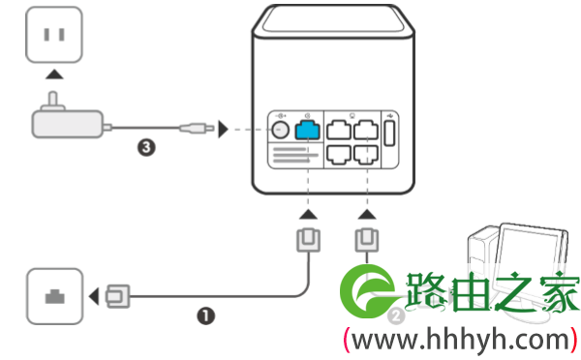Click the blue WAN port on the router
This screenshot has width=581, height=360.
point(307,130)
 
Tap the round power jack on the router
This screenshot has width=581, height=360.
point(280,130)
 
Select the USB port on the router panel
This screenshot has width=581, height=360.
point(389,134)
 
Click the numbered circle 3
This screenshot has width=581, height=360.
point(146,147)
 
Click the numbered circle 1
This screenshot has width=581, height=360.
point(205,315)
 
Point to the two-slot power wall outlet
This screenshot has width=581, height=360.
point(54,35)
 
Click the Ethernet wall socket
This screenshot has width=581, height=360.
point(55,296)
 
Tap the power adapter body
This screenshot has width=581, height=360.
point(67,124)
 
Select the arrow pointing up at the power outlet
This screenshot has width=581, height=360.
point(54,75)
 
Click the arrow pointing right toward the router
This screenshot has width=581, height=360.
point(223,129)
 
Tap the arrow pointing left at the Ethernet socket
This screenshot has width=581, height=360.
point(94,296)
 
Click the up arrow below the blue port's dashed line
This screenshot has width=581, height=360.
point(308,215)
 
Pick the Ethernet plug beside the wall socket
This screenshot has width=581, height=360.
point(118,296)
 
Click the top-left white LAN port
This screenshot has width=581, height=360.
point(339,130)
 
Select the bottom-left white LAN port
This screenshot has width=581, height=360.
point(339,155)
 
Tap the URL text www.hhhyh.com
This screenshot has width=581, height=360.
point(460,340)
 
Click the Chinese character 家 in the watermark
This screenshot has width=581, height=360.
point(560,292)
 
